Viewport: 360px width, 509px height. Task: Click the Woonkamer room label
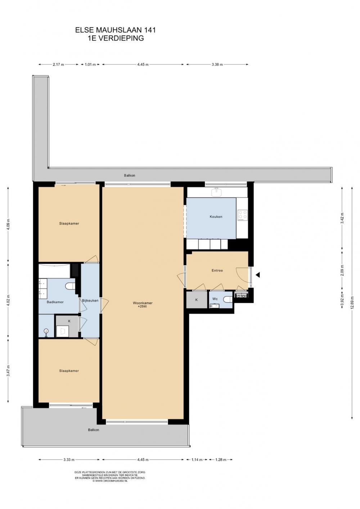point(143,303)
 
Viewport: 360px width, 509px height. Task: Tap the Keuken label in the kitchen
point(216,216)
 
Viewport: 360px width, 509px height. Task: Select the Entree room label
point(217,271)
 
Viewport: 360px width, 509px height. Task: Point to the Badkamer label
point(55,302)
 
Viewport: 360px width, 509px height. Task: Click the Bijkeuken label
point(90,300)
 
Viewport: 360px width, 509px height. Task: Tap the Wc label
point(215,299)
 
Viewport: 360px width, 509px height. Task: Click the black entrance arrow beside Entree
point(257,275)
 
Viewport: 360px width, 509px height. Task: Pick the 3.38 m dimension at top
point(217,64)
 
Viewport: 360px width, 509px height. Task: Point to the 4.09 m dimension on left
point(8,224)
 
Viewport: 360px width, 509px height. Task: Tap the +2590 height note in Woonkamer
point(143,307)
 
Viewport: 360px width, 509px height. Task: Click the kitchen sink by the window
point(216,192)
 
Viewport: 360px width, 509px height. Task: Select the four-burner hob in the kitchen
point(242,215)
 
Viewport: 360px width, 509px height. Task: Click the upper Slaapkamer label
point(69,223)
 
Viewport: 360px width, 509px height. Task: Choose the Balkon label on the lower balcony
point(94,430)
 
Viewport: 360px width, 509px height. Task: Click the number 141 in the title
point(149,30)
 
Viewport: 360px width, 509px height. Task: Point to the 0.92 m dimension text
point(342,301)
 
